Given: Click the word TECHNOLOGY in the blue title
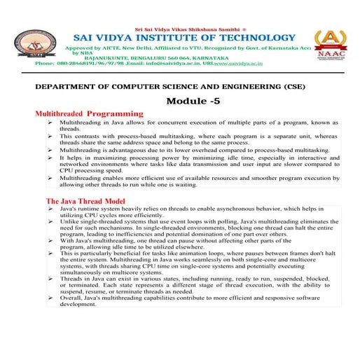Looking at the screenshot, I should pyautogui.click(x=247, y=37).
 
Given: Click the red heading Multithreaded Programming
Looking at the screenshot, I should pyautogui.click(x=89, y=113).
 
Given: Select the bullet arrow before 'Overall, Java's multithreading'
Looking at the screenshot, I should pyautogui.click(x=51, y=318).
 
